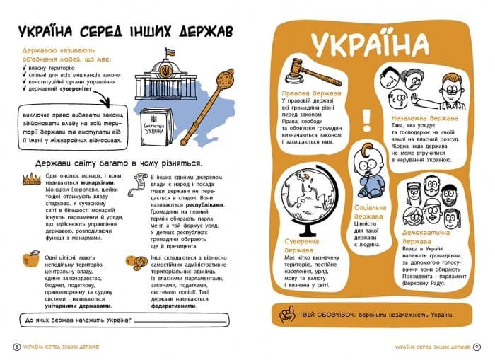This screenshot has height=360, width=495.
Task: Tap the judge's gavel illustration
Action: click(x=303, y=68)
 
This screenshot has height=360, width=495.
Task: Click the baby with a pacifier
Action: click(x=369, y=169)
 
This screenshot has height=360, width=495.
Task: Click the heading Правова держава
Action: click(x=310, y=93)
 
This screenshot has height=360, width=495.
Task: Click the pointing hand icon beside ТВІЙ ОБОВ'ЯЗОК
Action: click(x=286, y=313)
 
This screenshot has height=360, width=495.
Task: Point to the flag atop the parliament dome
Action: click(x=170, y=52)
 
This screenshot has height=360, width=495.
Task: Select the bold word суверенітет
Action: click(x=86, y=90)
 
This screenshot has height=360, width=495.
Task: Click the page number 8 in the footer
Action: click(x=16, y=346)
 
